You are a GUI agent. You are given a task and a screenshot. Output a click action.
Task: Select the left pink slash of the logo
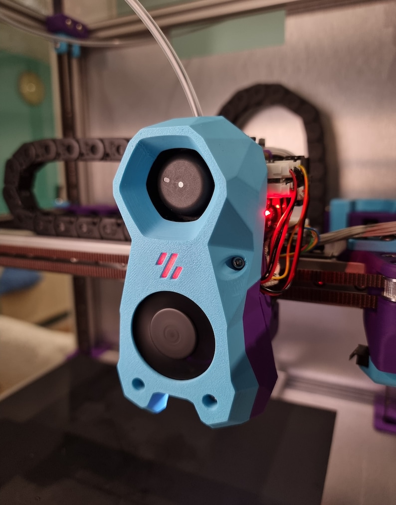(162, 259)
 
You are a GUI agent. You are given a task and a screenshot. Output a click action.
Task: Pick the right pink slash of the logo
(176, 272)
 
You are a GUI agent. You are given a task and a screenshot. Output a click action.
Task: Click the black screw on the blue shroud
(237, 262)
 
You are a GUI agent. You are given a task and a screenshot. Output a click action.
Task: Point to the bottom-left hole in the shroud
(138, 384)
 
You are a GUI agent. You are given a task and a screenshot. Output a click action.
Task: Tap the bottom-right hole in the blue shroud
(209, 400)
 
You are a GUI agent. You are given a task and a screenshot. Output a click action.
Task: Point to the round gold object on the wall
(31, 88)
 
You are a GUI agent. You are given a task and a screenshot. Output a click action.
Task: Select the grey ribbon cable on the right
(357, 233)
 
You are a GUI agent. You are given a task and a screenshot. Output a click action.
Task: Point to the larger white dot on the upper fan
(180, 185)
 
